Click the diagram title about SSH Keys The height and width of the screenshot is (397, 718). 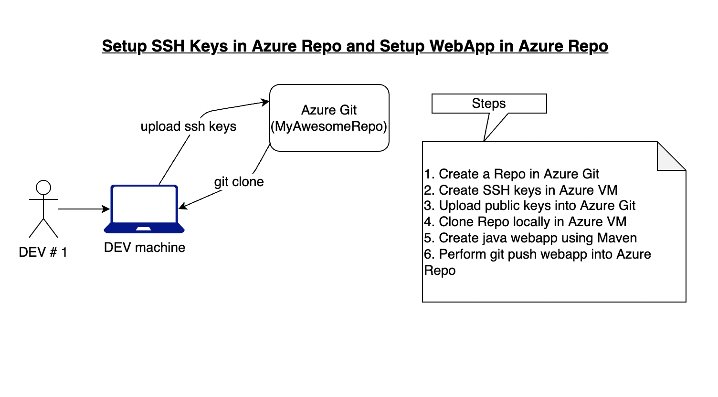coord(355,46)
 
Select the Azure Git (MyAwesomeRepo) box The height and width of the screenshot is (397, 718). coord(329,118)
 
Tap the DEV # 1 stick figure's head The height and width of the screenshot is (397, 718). coord(43,188)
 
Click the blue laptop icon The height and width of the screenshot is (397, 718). coord(144,209)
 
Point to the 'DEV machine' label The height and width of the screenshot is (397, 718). coord(144,248)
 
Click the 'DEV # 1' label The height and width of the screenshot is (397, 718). coord(43,252)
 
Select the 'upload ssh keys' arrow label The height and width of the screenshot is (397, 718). coord(188,126)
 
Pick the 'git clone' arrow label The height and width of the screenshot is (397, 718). coord(239,182)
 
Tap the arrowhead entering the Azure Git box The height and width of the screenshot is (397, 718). coord(265,102)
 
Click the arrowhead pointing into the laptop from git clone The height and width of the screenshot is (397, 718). coord(183,207)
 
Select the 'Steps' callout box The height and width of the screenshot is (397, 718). coord(489,104)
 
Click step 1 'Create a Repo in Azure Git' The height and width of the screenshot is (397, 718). coord(511,174)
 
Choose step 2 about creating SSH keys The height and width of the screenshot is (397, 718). coord(520,190)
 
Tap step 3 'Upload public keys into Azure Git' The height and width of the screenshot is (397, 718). coord(529,206)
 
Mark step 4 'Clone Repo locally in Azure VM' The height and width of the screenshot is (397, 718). coord(525,222)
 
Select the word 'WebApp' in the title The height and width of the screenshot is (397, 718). coord(462,46)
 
